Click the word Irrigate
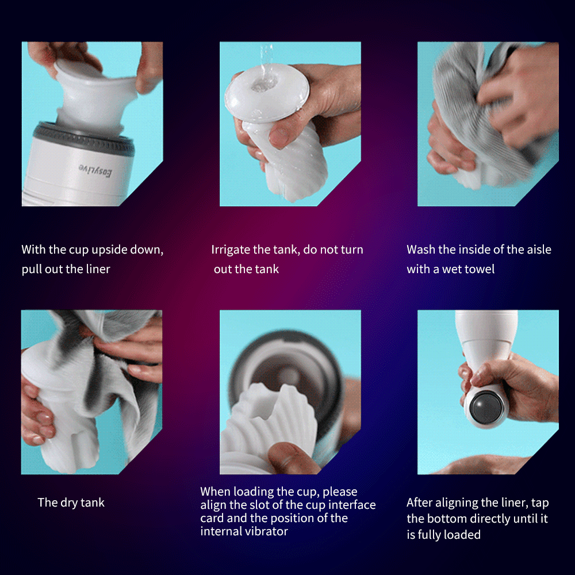point(231,250)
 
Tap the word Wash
point(420,250)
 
